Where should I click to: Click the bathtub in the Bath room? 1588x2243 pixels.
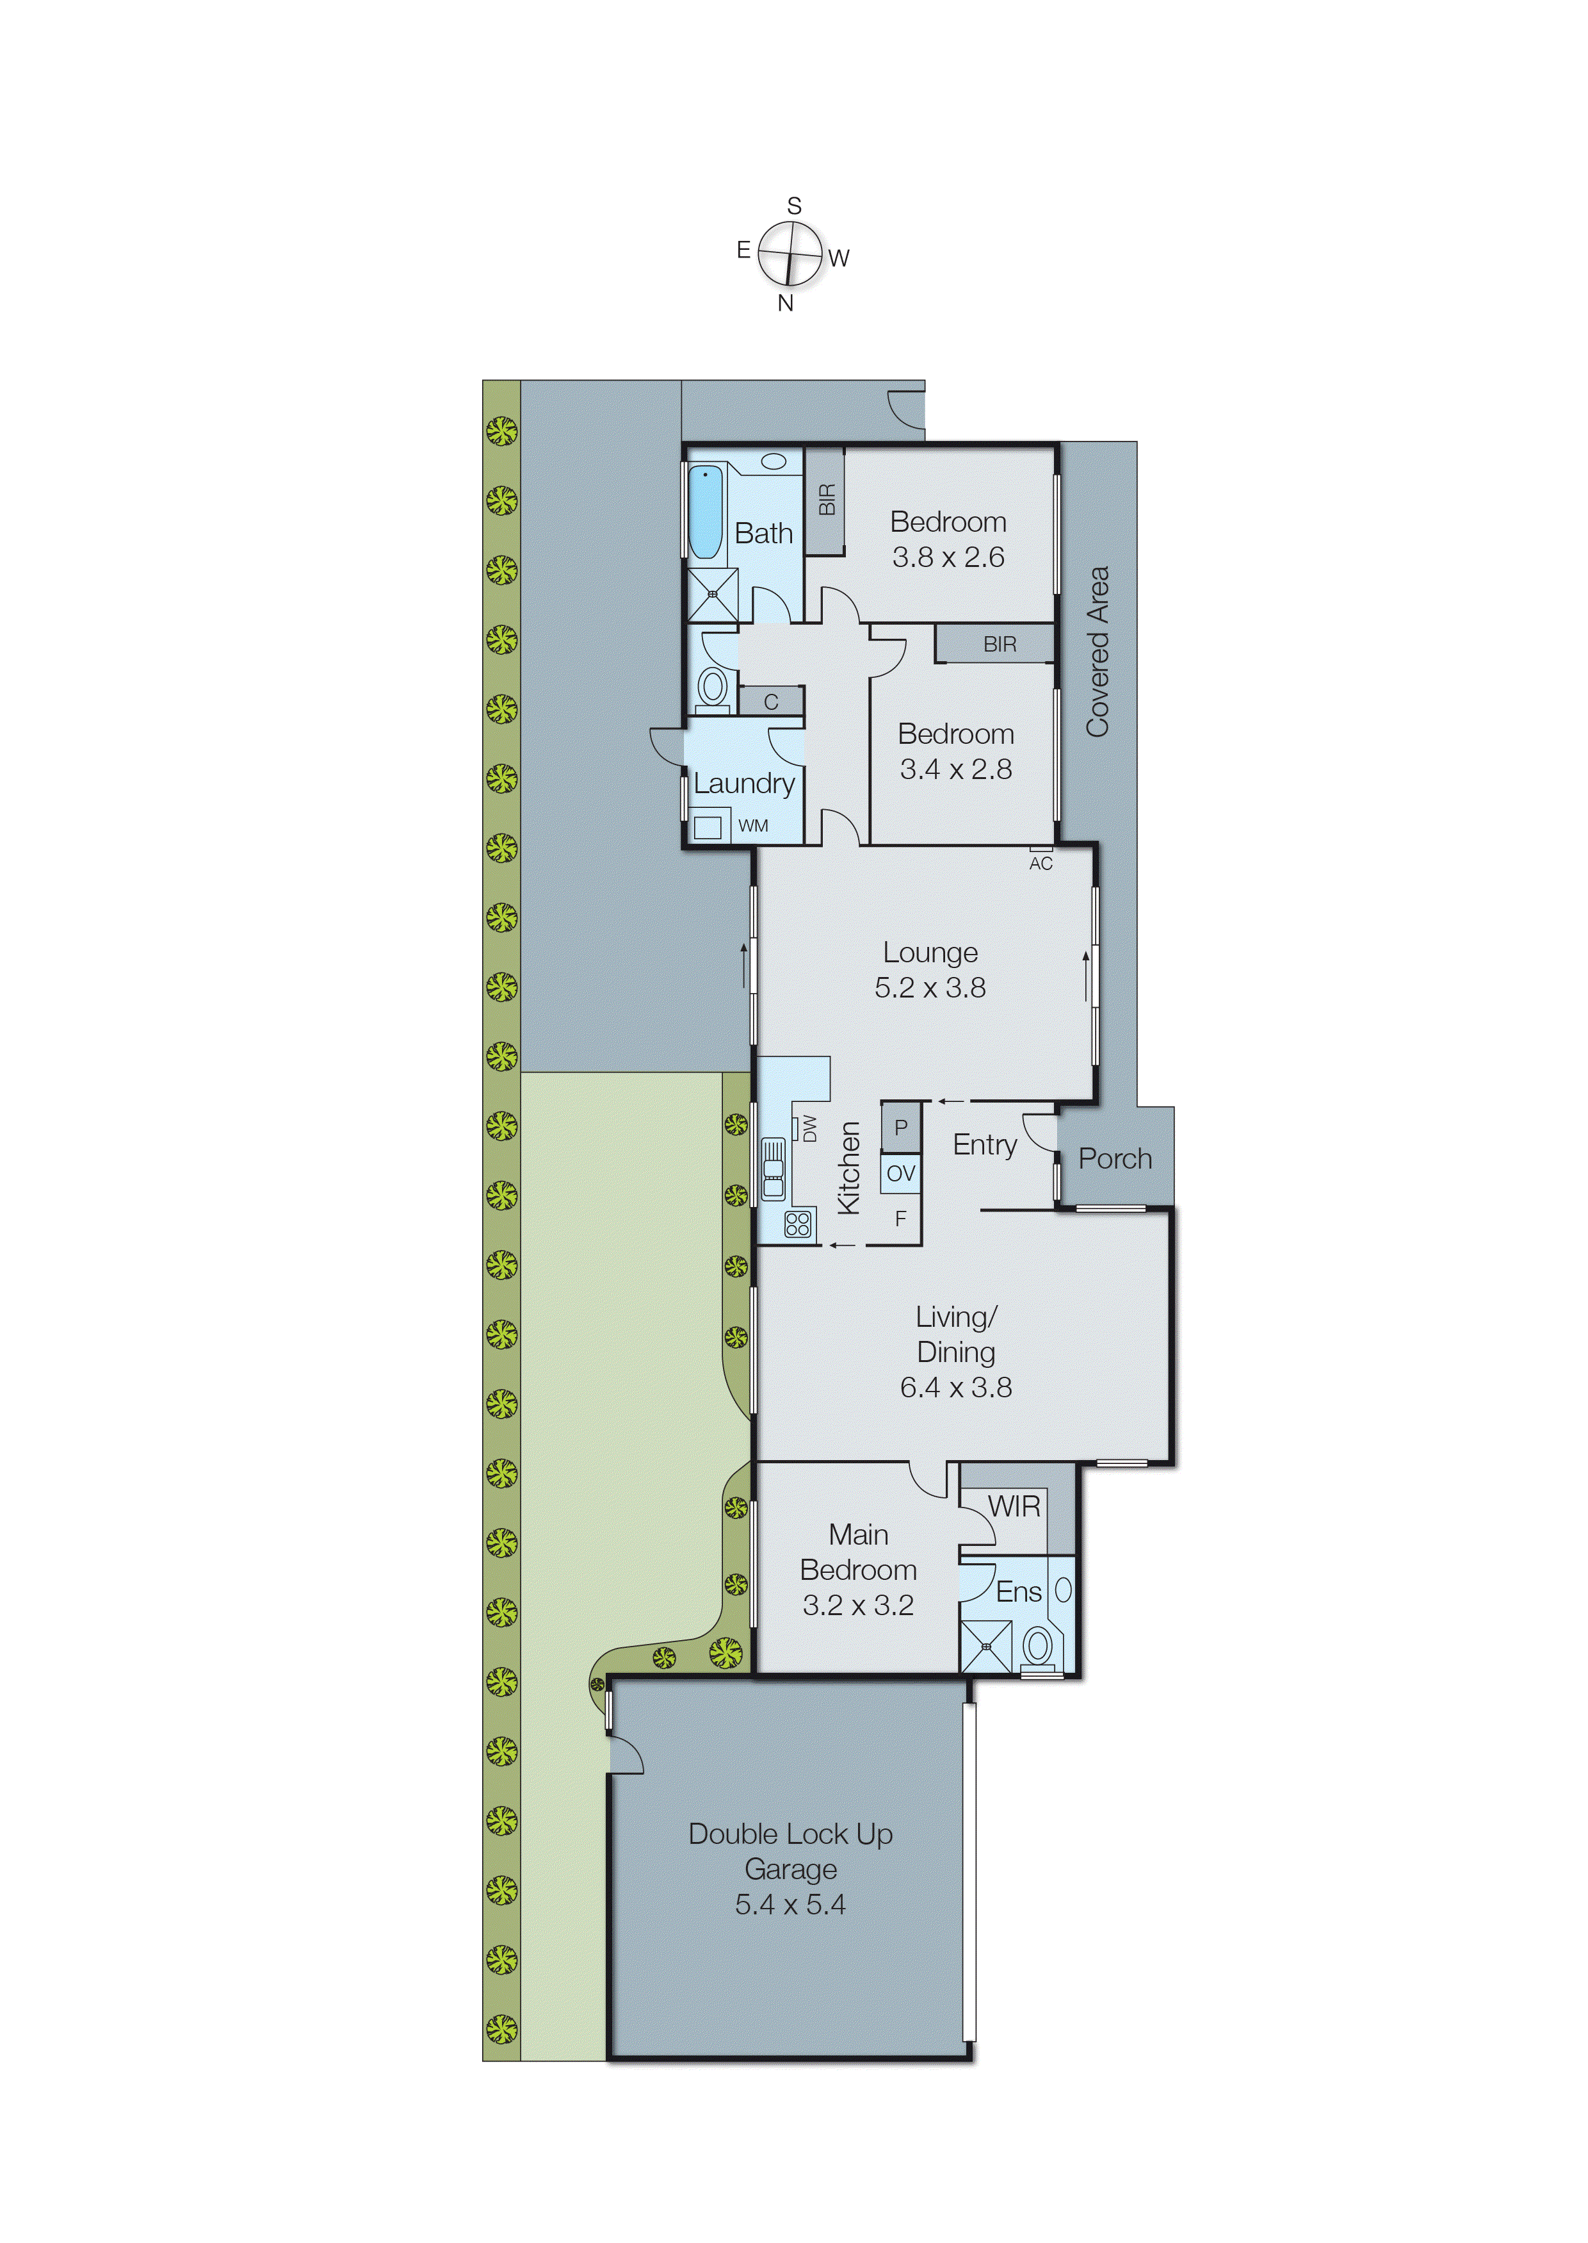(705, 513)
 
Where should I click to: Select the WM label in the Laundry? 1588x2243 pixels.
(753, 826)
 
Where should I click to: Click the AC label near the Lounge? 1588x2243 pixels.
(1041, 864)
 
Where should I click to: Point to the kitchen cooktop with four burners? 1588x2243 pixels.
(798, 1224)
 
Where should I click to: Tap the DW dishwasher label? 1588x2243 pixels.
(809, 1129)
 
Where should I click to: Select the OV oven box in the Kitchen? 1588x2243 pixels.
(900, 1173)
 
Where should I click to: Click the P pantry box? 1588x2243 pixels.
(900, 1127)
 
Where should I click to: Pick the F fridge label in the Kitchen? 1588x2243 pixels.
(900, 1219)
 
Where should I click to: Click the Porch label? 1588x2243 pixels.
(1115, 1159)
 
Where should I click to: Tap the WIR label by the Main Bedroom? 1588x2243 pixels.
(1014, 1506)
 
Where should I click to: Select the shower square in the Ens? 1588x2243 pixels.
(985, 1647)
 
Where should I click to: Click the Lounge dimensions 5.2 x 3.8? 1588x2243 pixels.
(930, 988)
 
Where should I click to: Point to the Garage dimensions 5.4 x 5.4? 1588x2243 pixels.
(790, 1905)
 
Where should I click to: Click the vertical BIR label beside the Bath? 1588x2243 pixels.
(826, 499)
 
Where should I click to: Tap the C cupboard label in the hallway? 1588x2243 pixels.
(770, 702)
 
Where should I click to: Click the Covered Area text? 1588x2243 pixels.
(1098, 652)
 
